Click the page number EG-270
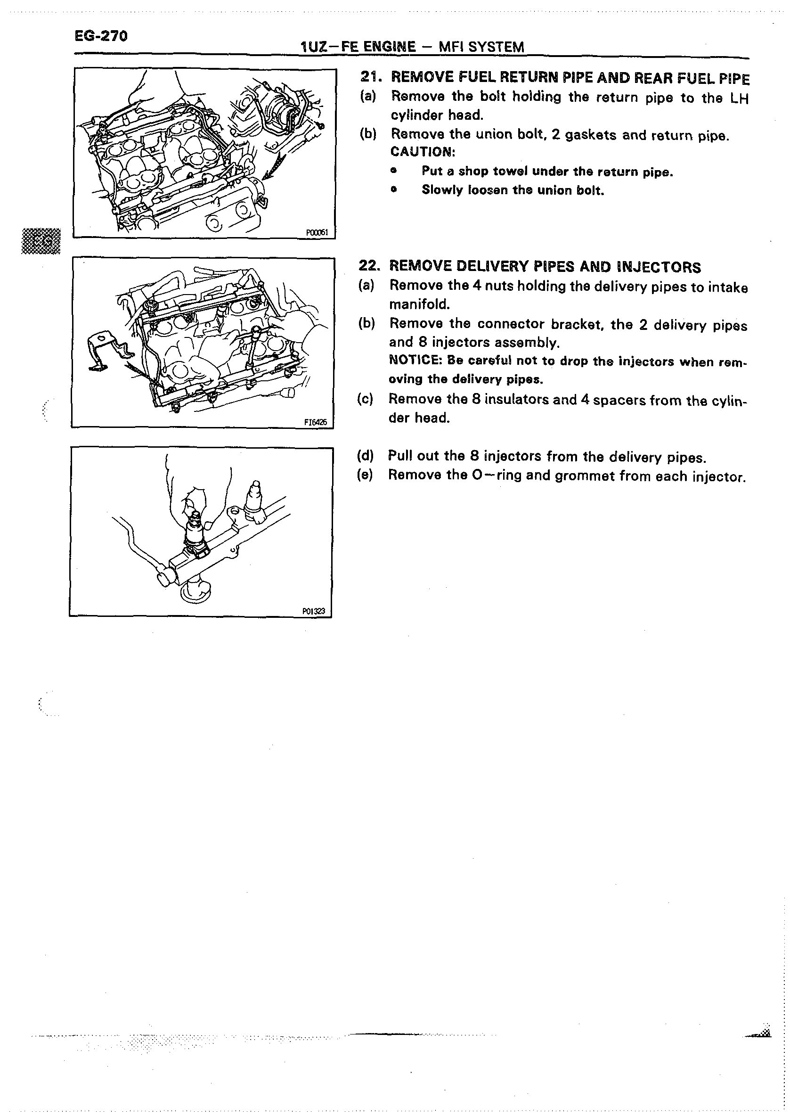pos(101,36)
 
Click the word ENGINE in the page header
pos(391,47)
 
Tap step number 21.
pos(370,77)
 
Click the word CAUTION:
pos(423,152)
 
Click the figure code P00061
pos(317,233)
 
